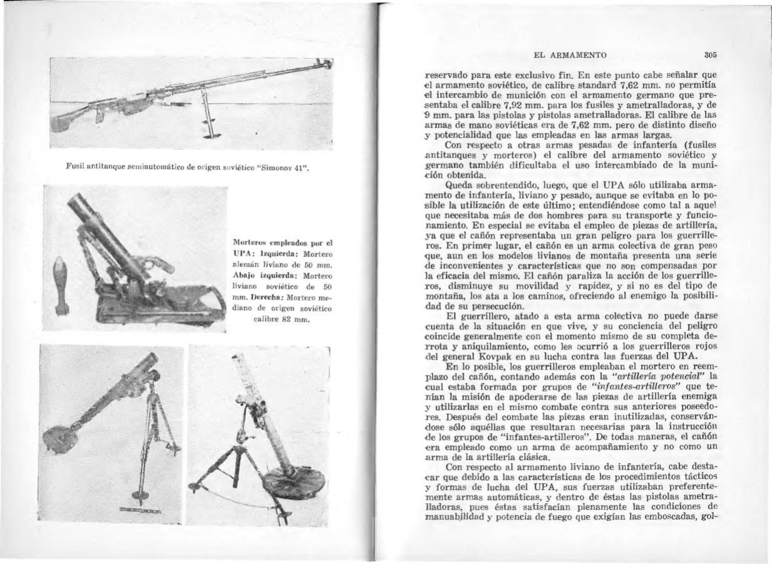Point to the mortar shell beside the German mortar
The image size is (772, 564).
click(x=61, y=282)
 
